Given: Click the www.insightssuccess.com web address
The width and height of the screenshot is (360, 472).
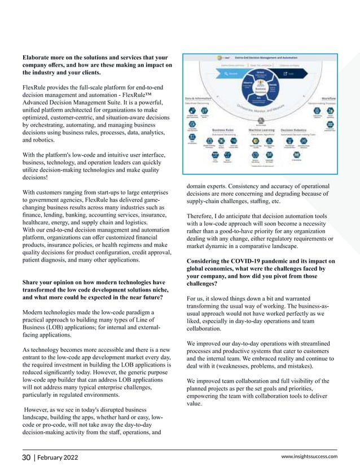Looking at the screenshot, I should click(x=310, y=456).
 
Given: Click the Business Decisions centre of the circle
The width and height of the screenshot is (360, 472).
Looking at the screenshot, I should click(x=261, y=91).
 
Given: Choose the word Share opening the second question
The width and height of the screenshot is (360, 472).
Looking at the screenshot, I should click(x=32, y=283).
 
